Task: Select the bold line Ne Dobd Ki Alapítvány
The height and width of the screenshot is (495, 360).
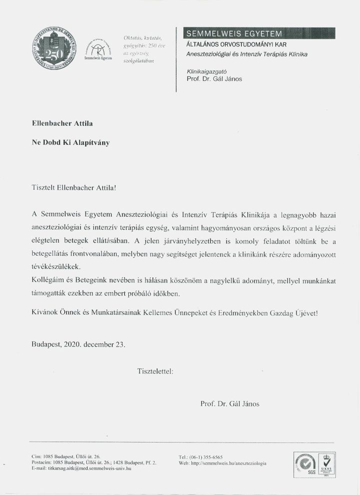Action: point(70,142)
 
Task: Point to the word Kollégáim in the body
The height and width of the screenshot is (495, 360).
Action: point(47,278)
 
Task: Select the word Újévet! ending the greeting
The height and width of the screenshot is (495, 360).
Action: point(301,313)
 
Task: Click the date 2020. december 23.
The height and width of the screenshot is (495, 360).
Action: point(94,344)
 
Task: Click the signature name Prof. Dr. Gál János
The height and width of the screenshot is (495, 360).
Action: point(229,403)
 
